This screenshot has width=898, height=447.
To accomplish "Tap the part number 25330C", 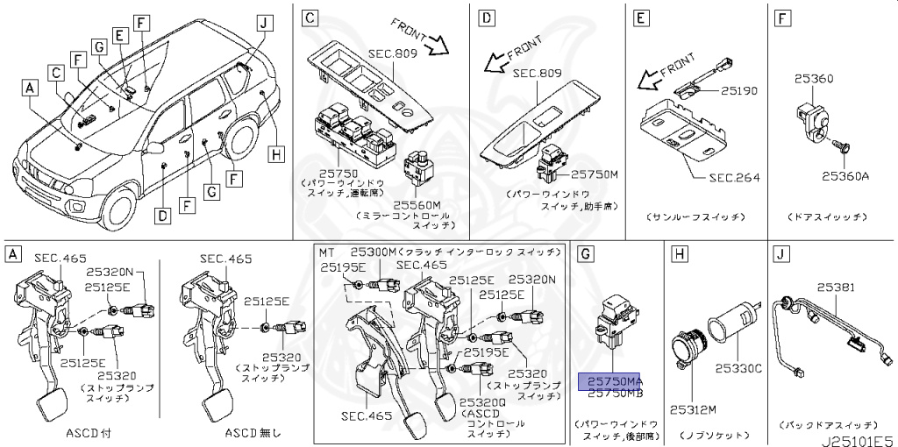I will [x=738, y=369].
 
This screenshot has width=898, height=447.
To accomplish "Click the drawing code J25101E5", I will [x=856, y=434].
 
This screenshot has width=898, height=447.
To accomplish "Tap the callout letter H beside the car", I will [x=276, y=155].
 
